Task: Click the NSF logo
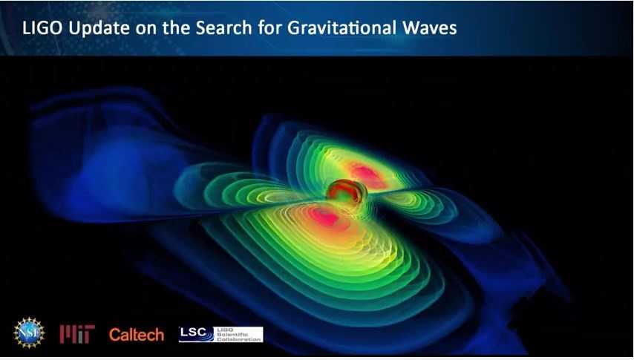click(30, 333)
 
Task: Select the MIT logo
click(77, 334)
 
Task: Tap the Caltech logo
click(136, 334)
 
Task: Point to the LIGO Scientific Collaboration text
click(238, 334)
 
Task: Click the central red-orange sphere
click(343, 191)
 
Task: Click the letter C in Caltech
click(114, 334)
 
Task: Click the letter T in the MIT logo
click(88, 334)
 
